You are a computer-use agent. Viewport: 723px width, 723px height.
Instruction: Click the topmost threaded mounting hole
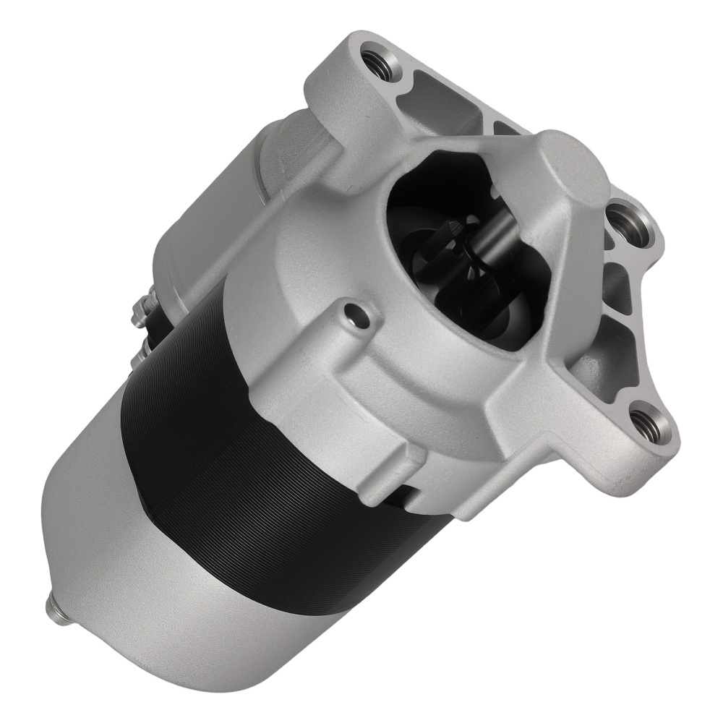pyautogui.click(x=377, y=59)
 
